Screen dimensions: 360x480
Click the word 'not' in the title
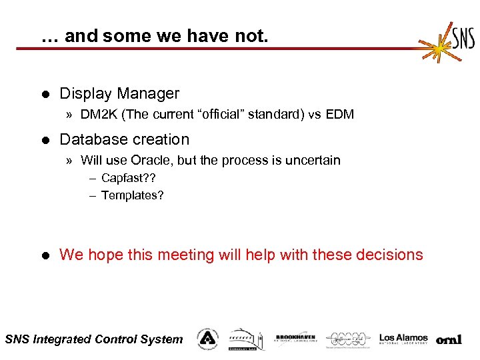[253, 36]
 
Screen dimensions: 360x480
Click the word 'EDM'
[340, 115]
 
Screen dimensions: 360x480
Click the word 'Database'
[90, 139]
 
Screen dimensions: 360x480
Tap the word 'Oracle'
[151, 160]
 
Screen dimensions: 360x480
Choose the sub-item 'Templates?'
[132, 195]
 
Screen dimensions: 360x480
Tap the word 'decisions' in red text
[389, 255]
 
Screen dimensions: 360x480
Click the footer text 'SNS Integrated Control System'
[93, 339]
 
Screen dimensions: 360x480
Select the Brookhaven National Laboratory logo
[295, 339]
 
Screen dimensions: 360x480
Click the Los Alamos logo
[403, 339]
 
